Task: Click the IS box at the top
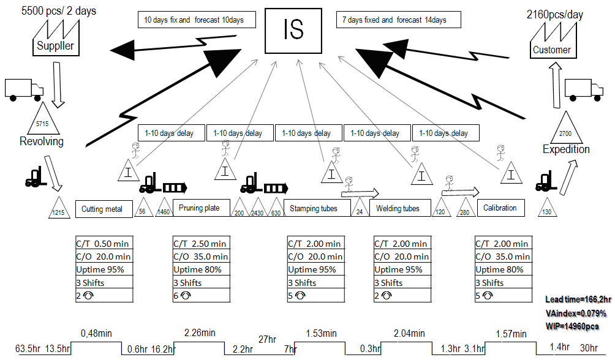pyautogui.click(x=293, y=29)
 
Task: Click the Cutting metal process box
pyautogui.click(x=102, y=209)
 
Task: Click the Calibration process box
pyautogui.click(x=500, y=208)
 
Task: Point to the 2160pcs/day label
pyautogui.click(x=555, y=15)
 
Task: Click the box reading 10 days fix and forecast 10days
pyautogui.click(x=194, y=20)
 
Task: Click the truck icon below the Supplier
pyautogui.click(x=23, y=89)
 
